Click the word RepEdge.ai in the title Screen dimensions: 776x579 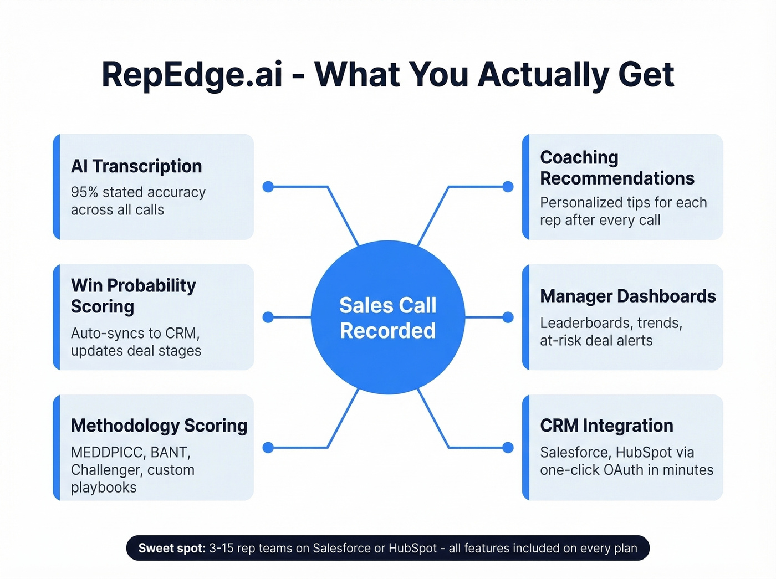192,75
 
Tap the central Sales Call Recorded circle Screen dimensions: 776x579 388,317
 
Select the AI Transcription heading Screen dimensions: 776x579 136,166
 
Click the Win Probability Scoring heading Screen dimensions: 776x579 133,296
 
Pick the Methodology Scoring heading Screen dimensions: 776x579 159,426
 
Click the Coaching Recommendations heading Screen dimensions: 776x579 617,168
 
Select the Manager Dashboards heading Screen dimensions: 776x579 628,296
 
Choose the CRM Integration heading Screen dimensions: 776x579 606,426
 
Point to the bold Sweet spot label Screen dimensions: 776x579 172,548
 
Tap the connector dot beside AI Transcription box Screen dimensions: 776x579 268,187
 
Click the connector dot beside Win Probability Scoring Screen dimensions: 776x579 268,317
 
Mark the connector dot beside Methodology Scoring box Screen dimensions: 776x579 268,448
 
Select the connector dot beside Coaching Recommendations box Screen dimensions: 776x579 508,187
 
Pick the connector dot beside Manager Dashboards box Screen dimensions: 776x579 508,317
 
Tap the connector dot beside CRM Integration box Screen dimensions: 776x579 508,448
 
